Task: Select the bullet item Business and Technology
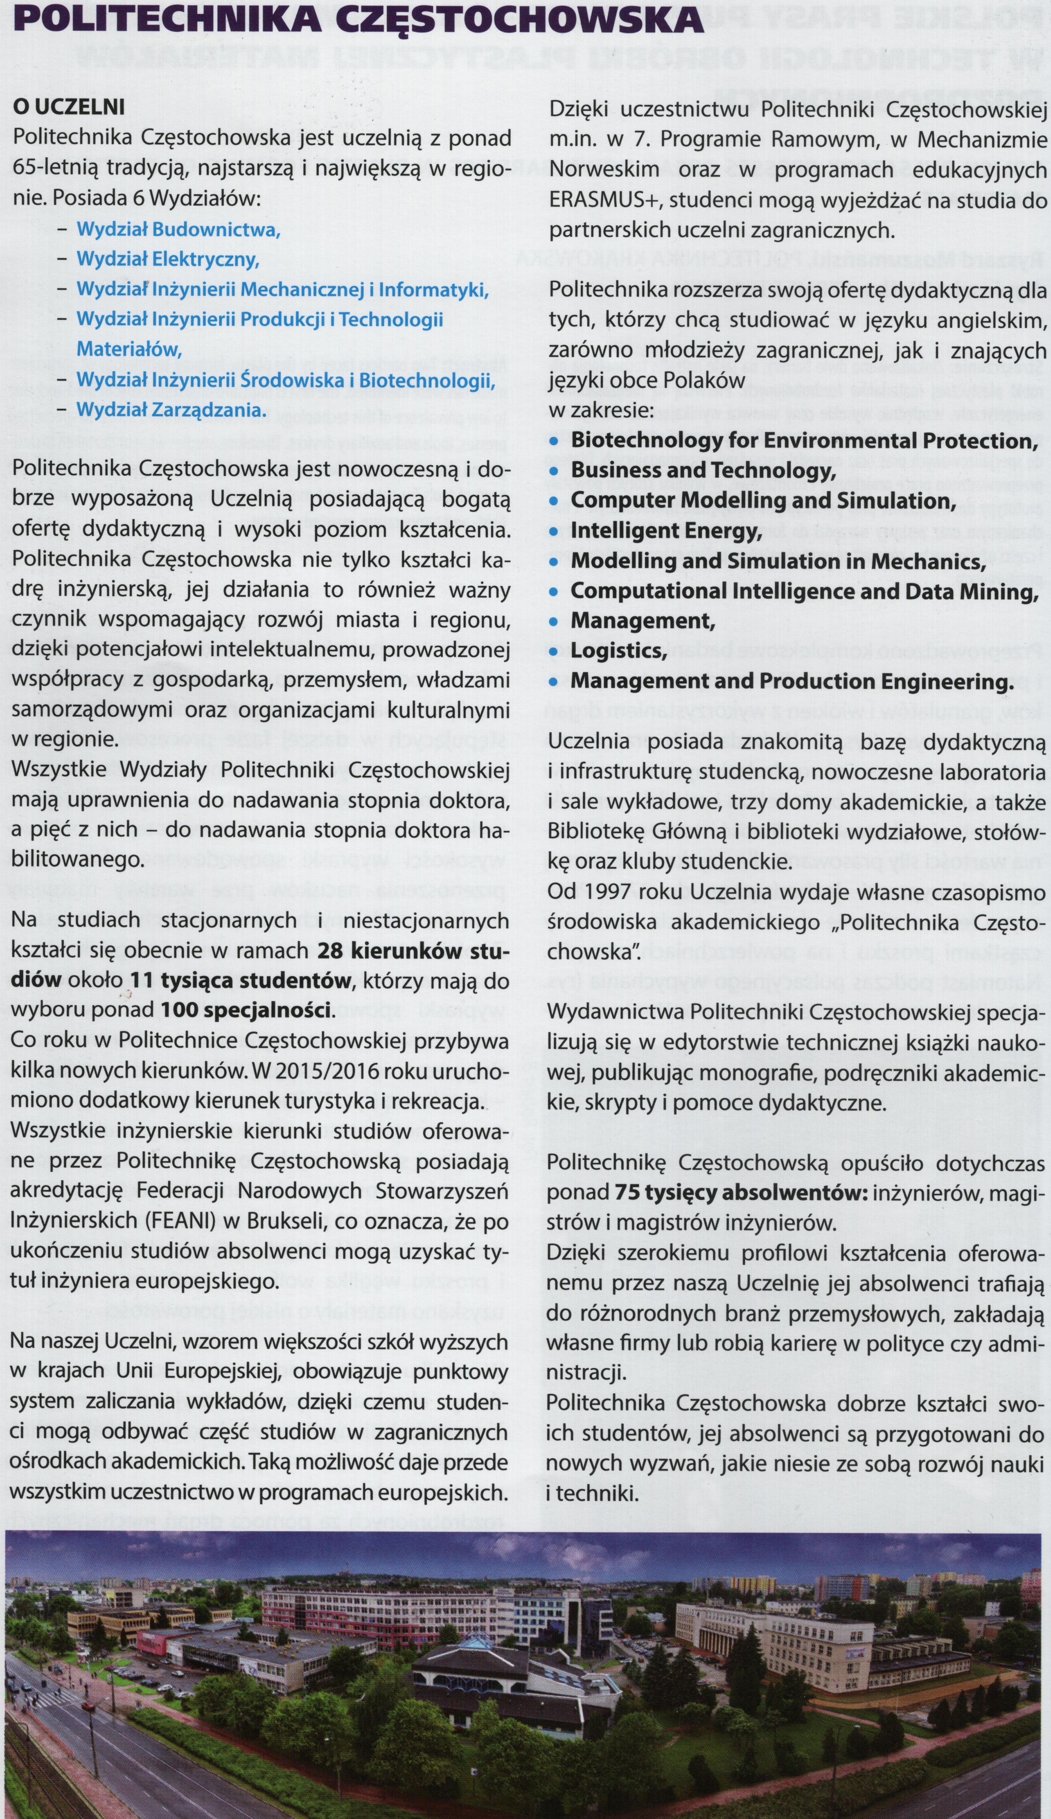pos(703,471)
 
